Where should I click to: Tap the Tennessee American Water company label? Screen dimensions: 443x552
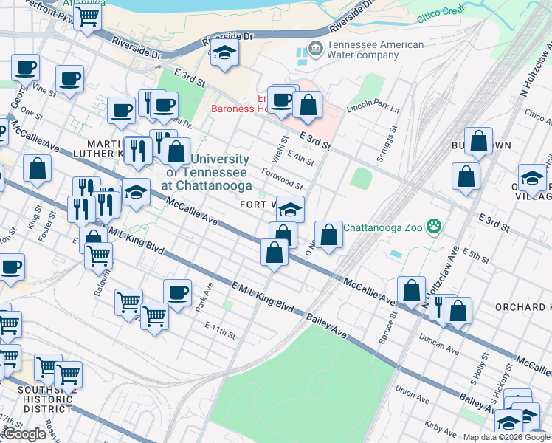pos(376,50)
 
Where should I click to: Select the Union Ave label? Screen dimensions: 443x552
pos(413,390)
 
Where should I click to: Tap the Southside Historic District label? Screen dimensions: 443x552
pos(45,399)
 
